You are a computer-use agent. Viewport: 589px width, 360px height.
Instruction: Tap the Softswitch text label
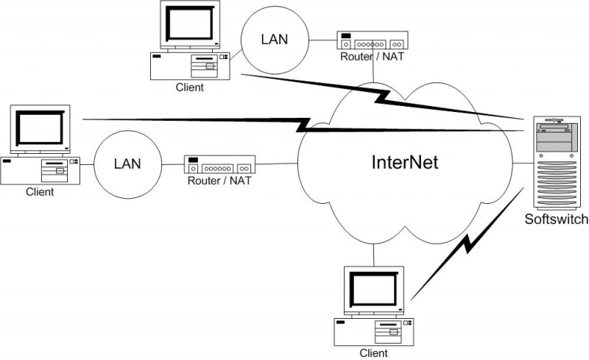click(556, 219)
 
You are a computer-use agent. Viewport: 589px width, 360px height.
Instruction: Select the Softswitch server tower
click(557, 161)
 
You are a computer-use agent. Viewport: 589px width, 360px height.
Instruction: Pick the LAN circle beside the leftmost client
click(127, 163)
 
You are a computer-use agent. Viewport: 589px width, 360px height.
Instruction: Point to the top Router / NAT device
click(373, 40)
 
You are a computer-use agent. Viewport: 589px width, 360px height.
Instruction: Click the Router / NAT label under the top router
click(373, 56)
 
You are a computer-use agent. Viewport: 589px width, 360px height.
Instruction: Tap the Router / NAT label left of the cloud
click(219, 181)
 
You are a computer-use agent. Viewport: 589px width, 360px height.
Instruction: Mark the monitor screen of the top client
click(190, 24)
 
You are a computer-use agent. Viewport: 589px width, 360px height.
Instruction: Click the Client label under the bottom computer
click(373, 353)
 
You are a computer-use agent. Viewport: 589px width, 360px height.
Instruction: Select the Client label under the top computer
click(190, 88)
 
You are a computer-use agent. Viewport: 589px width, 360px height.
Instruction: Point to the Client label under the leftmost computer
click(40, 192)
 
